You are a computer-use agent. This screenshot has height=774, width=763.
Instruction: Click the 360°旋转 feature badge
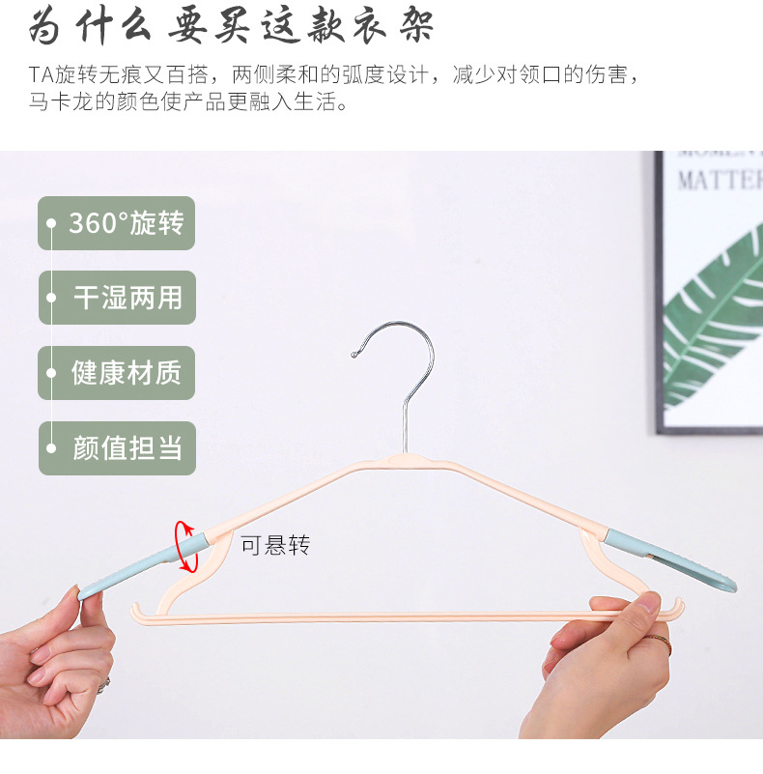[x=117, y=223]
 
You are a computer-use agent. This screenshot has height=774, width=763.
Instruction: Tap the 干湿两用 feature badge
[x=117, y=298]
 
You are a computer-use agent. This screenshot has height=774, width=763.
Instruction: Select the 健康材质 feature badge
[x=117, y=373]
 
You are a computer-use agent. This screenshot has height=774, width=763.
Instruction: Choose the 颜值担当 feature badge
[x=117, y=447]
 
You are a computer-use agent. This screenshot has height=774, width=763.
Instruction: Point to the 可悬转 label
[x=275, y=545]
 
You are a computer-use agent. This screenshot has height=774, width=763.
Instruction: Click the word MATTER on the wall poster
[x=720, y=181]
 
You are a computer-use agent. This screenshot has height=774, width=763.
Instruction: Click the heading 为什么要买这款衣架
[x=232, y=26]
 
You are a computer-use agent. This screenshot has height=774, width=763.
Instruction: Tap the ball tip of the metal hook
[x=354, y=355]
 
